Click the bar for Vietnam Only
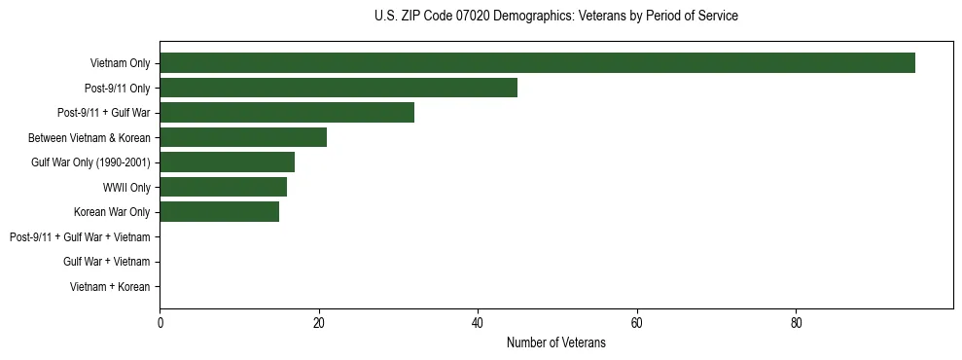tap(537, 63)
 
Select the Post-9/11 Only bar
tap(338, 88)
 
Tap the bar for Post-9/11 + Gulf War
tap(287, 113)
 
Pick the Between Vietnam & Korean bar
tap(243, 137)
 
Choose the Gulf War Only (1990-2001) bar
tap(227, 162)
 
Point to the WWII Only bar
tap(223, 187)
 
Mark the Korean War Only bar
tap(219, 212)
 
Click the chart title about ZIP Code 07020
tap(555, 17)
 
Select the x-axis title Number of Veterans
tap(555, 342)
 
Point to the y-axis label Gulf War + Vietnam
tap(106, 262)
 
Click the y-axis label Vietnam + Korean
tap(110, 287)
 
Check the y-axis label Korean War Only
tap(112, 212)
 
